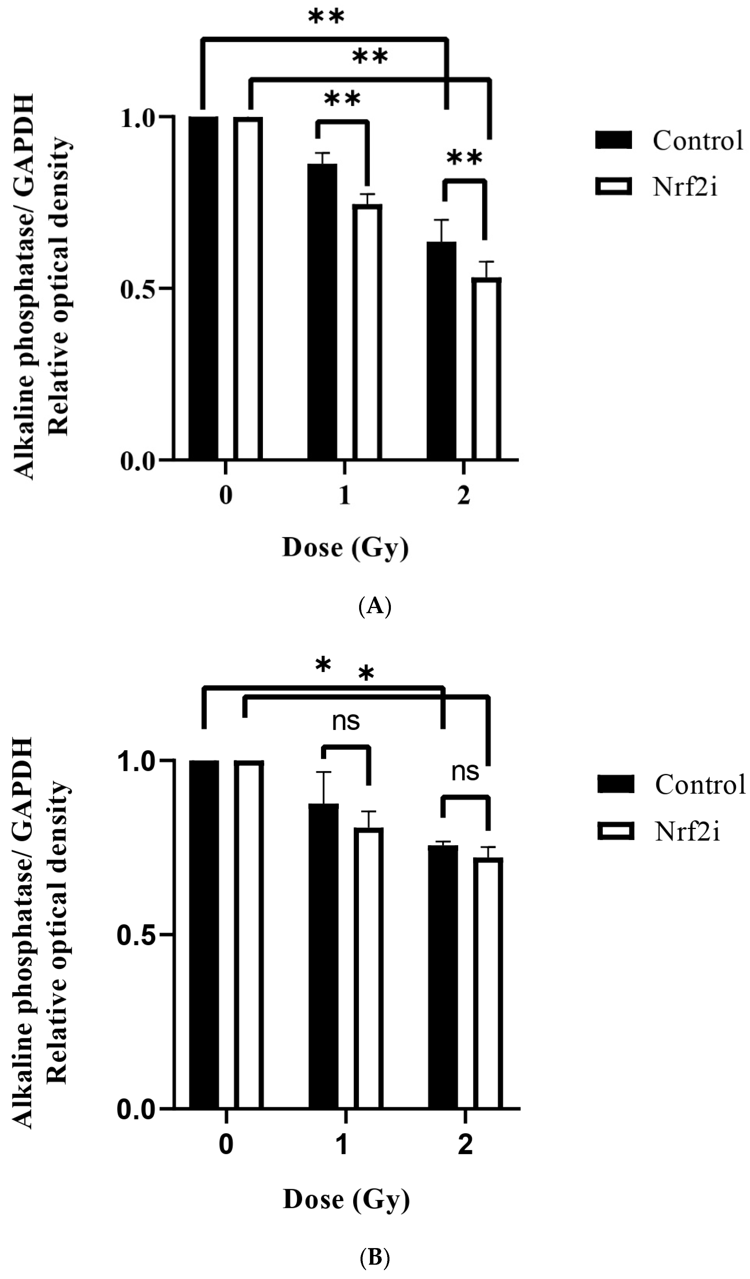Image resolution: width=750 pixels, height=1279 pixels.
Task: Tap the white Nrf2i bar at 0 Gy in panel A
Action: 248,288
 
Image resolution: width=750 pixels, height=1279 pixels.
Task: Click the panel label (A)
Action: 375,606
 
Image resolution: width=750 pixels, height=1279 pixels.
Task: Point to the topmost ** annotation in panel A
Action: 326,16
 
